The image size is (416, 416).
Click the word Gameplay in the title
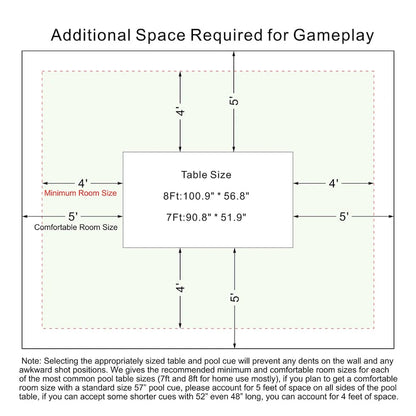click(x=333, y=36)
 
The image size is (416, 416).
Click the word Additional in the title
click(x=91, y=35)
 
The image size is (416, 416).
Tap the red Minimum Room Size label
click(x=80, y=193)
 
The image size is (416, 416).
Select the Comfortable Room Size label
click(x=76, y=227)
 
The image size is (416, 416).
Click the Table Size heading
click(x=206, y=175)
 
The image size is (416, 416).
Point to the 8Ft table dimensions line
click(x=206, y=196)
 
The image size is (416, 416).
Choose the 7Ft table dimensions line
click(x=206, y=217)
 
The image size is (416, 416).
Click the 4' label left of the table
click(x=83, y=183)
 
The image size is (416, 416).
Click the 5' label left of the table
click(x=73, y=217)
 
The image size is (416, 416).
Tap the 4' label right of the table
click(x=334, y=183)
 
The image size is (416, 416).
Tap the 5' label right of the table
click(x=344, y=217)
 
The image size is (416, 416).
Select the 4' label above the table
click(x=180, y=112)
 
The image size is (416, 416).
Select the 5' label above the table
click(x=234, y=101)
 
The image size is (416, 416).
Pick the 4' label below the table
click(x=180, y=288)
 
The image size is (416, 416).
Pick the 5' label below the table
click(x=235, y=298)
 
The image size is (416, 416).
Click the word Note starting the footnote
click(x=31, y=361)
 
